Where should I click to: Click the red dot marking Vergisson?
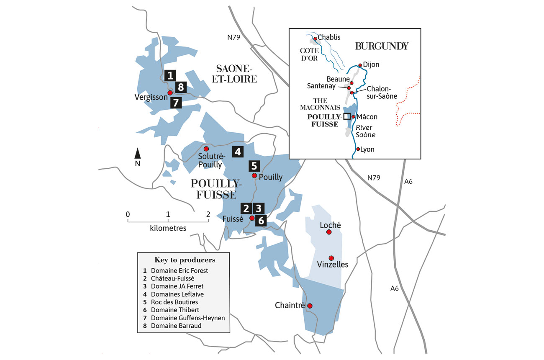pyautogui.click(x=170, y=93)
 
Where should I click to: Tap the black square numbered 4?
pyautogui.click(x=238, y=152)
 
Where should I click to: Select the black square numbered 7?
pyautogui.click(x=176, y=102)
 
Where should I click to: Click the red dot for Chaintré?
pyautogui.click(x=310, y=306)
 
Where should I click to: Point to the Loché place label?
pyautogui.click(x=330, y=225)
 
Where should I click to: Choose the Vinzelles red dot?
pyautogui.click(x=331, y=258)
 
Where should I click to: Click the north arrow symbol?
pyautogui.click(x=137, y=153)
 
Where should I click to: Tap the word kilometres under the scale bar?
pyautogui.click(x=168, y=228)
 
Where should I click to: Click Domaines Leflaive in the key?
pyautogui.click(x=177, y=294)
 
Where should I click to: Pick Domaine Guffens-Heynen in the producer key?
pyautogui.click(x=188, y=318)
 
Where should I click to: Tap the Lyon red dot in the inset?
pyautogui.click(x=358, y=149)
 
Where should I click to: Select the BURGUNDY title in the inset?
pyautogui.click(x=382, y=46)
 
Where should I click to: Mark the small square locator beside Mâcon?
pyautogui.click(x=346, y=117)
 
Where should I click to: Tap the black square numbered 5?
pyautogui.click(x=254, y=165)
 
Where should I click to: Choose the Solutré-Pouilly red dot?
pyautogui.click(x=206, y=149)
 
